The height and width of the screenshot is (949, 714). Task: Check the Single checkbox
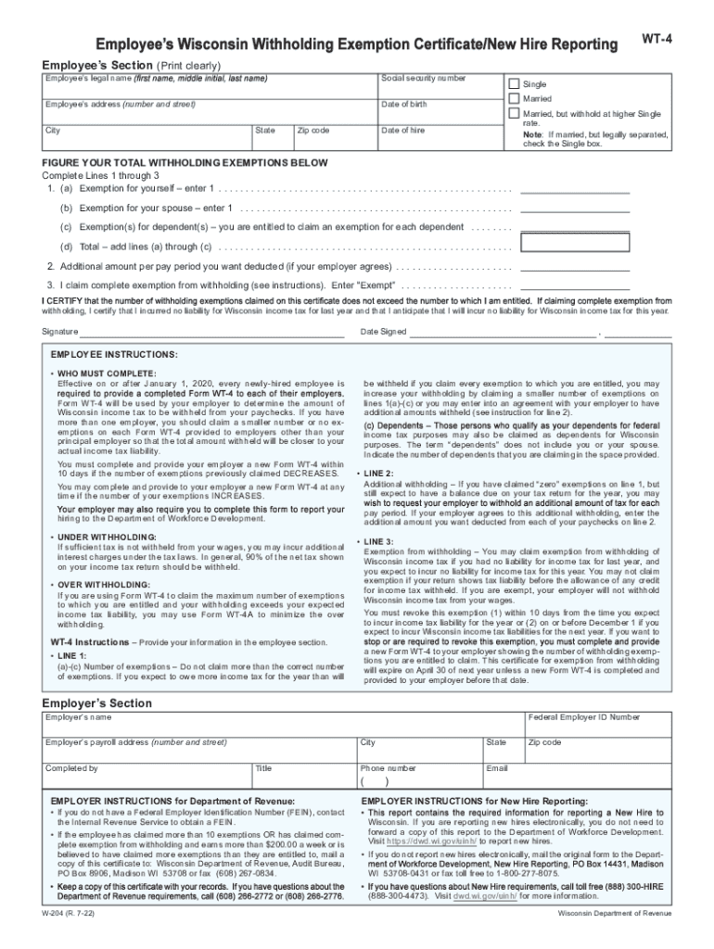pyautogui.click(x=515, y=83)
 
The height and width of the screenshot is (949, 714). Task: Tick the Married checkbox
pyautogui.click(x=515, y=98)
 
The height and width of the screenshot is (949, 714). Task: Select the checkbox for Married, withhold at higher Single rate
pyautogui.click(x=515, y=113)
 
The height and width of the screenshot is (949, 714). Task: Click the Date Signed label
pyautogui.click(x=383, y=332)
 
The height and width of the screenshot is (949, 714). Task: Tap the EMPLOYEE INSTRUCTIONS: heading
pyautogui.click(x=114, y=355)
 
